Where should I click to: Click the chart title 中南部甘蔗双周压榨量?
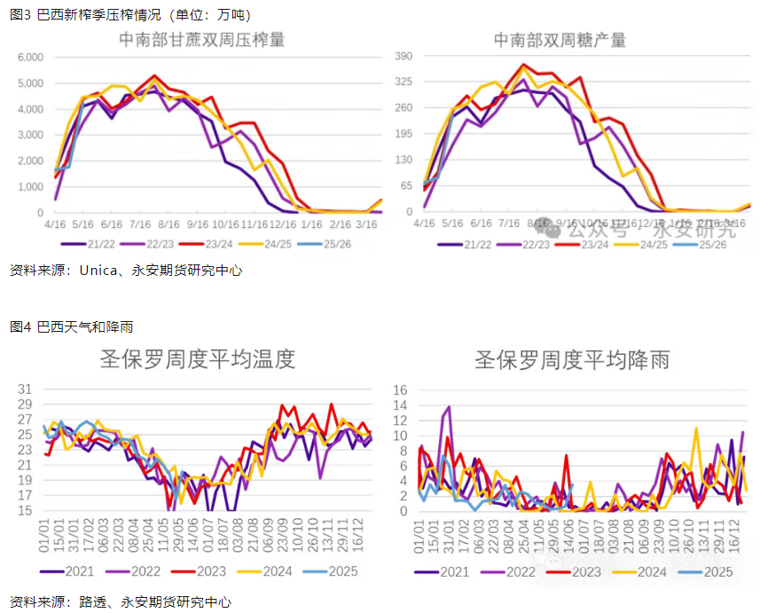[x=202, y=40]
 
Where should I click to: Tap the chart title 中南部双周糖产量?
[x=560, y=40]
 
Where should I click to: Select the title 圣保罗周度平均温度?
[x=196, y=359]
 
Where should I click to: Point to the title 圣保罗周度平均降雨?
[x=572, y=359]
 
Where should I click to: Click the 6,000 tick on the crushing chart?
[x=30, y=57]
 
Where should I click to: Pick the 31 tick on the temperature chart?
[x=24, y=389]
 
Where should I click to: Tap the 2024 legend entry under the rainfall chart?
[x=652, y=572]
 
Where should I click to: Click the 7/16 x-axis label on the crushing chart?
[x=139, y=225]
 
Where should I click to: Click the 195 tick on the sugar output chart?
[x=404, y=134]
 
